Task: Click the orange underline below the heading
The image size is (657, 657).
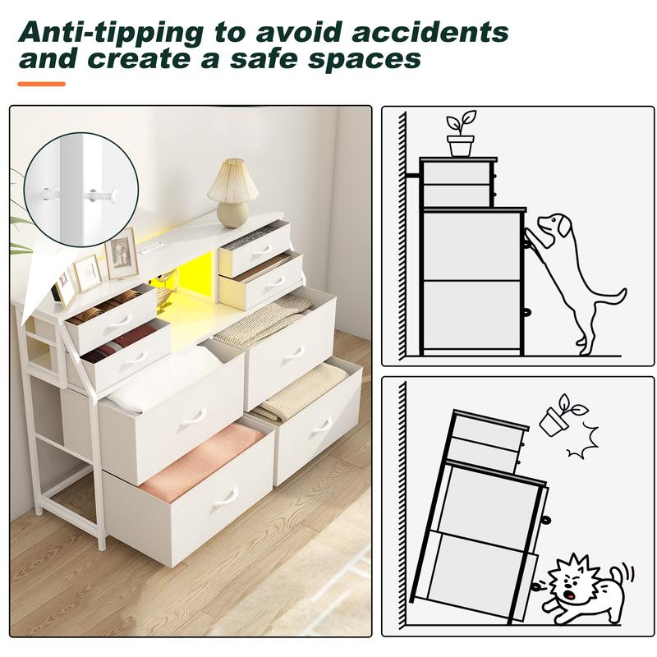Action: click(41, 84)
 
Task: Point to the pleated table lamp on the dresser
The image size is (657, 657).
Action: click(232, 192)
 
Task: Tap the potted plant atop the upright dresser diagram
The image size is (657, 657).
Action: click(462, 135)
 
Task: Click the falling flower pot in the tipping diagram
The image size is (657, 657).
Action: click(563, 415)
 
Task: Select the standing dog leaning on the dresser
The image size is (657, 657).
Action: click(575, 271)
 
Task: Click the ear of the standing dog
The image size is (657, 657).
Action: click(565, 225)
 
